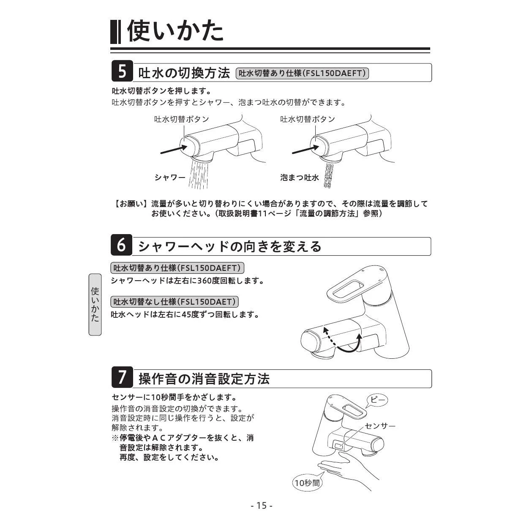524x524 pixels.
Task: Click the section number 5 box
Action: pyautogui.click(x=122, y=71)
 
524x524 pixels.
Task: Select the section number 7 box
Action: pyautogui.click(x=122, y=377)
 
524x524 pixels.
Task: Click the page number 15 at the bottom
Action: pyautogui.click(x=262, y=505)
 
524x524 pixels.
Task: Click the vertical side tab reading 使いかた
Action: pyautogui.click(x=95, y=304)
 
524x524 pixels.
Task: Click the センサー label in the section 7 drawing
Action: pyautogui.click(x=380, y=426)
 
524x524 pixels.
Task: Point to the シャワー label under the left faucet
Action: pyautogui.click(x=170, y=177)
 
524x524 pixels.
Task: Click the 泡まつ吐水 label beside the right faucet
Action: pyautogui.click(x=299, y=177)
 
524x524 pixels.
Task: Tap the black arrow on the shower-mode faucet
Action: pyautogui.click(x=174, y=149)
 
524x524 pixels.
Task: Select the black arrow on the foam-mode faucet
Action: pyautogui.click(x=305, y=149)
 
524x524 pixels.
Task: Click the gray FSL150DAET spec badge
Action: pyautogui.click(x=175, y=302)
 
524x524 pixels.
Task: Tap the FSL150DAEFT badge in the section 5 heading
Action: pyautogui.click(x=302, y=73)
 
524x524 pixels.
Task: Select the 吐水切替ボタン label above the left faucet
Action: pyautogui.click(x=182, y=119)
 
